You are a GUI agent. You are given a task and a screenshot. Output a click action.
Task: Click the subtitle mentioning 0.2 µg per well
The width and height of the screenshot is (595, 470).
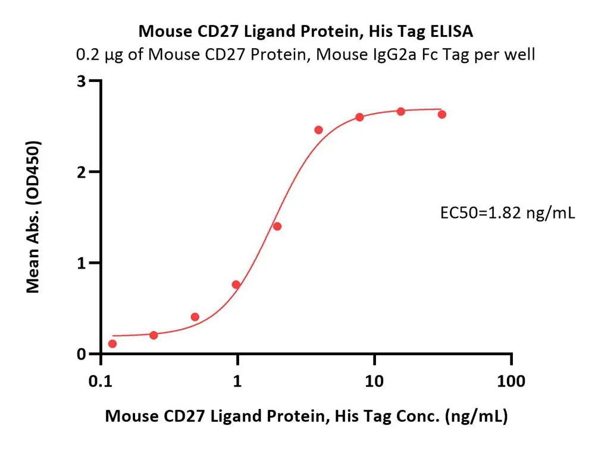click(306, 55)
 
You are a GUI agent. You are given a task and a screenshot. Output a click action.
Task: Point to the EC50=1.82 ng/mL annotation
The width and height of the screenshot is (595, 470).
click(506, 213)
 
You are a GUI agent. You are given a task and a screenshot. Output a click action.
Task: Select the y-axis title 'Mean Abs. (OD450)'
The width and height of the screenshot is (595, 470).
click(33, 217)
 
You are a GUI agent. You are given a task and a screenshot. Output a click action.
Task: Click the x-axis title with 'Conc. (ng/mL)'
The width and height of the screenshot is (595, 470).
click(306, 417)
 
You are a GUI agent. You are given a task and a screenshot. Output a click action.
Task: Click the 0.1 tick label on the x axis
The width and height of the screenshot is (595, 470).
click(100, 381)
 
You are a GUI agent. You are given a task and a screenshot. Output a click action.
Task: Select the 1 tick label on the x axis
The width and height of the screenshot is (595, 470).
click(237, 381)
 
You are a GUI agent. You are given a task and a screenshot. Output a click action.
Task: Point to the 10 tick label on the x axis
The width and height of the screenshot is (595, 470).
click(374, 381)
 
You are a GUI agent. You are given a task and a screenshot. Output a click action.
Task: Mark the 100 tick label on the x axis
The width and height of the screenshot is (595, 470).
click(512, 381)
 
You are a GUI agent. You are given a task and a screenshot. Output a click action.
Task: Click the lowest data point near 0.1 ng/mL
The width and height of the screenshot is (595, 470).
click(112, 343)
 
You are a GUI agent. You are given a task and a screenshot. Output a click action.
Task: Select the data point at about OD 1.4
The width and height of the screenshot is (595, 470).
click(277, 226)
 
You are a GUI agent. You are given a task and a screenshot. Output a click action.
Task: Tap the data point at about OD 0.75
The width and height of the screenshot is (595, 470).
click(236, 285)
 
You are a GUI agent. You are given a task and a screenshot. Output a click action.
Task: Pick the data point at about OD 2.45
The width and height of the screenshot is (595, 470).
click(318, 130)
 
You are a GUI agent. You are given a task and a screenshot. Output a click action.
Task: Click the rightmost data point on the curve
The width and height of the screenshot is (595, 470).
click(442, 114)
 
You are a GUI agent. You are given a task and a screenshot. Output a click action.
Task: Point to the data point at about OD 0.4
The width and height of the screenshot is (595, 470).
click(195, 317)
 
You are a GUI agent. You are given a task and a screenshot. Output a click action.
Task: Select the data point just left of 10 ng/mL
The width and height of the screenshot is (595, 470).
click(360, 117)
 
